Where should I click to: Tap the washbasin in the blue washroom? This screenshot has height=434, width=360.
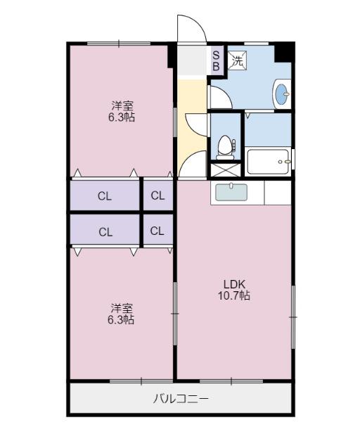coord(282,94)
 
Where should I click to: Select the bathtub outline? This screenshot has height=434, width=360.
coord(269,163)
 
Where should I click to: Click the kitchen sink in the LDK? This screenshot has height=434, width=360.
coord(231,192)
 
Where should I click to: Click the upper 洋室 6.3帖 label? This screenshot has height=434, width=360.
coord(122,112)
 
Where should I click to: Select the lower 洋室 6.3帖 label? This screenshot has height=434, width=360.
coord(122,314)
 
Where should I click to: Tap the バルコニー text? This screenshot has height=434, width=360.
coord(181,399)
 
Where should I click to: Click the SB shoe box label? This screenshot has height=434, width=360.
coord(216,60)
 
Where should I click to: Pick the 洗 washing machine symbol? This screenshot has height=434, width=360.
coord(237,60)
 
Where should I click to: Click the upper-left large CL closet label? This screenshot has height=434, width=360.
coord(105,196)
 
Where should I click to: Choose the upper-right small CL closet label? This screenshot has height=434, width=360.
coord(157,196)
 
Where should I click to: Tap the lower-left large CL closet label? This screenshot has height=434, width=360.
coord(105,231)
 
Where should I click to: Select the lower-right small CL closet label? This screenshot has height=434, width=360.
coord(157,231)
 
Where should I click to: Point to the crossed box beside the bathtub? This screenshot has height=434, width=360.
coord(226,170)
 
